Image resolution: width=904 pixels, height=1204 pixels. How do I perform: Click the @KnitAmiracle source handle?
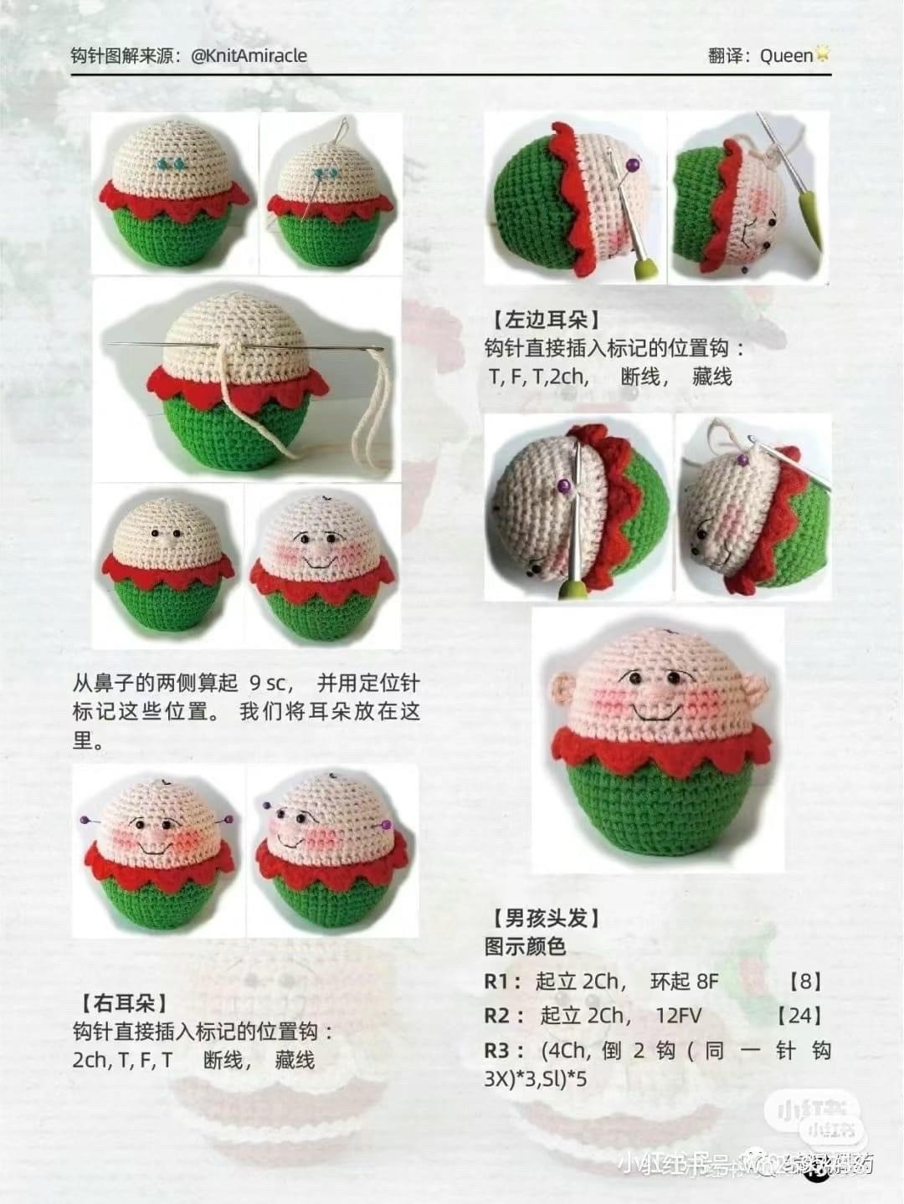[x=249, y=56]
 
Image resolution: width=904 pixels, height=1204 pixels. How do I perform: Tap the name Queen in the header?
[x=786, y=56]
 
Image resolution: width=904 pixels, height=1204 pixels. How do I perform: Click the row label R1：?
[x=504, y=981]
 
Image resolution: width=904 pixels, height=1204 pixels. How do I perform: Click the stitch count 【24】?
[x=799, y=1016]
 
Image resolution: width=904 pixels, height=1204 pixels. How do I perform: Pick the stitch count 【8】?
[x=805, y=981]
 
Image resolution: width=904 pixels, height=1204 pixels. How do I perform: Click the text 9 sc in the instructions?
[x=267, y=683]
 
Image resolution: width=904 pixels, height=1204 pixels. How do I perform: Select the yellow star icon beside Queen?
[x=824, y=54]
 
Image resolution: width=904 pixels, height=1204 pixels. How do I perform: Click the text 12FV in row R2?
[x=679, y=1016]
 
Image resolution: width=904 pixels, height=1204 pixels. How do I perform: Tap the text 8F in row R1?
[x=684, y=981]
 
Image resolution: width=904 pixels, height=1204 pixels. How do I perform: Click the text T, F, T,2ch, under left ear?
[x=538, y=377]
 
